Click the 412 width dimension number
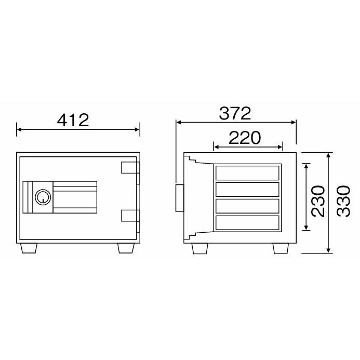coord(73,121)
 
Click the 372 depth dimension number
coord(235,113)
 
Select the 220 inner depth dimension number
coord(245,138)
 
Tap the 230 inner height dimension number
coord(318,201)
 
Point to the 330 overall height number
coord(344,201)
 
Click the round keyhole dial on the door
coord(43,197)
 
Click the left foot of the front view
coord(29,248)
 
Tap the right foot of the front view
coord(126,248)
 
